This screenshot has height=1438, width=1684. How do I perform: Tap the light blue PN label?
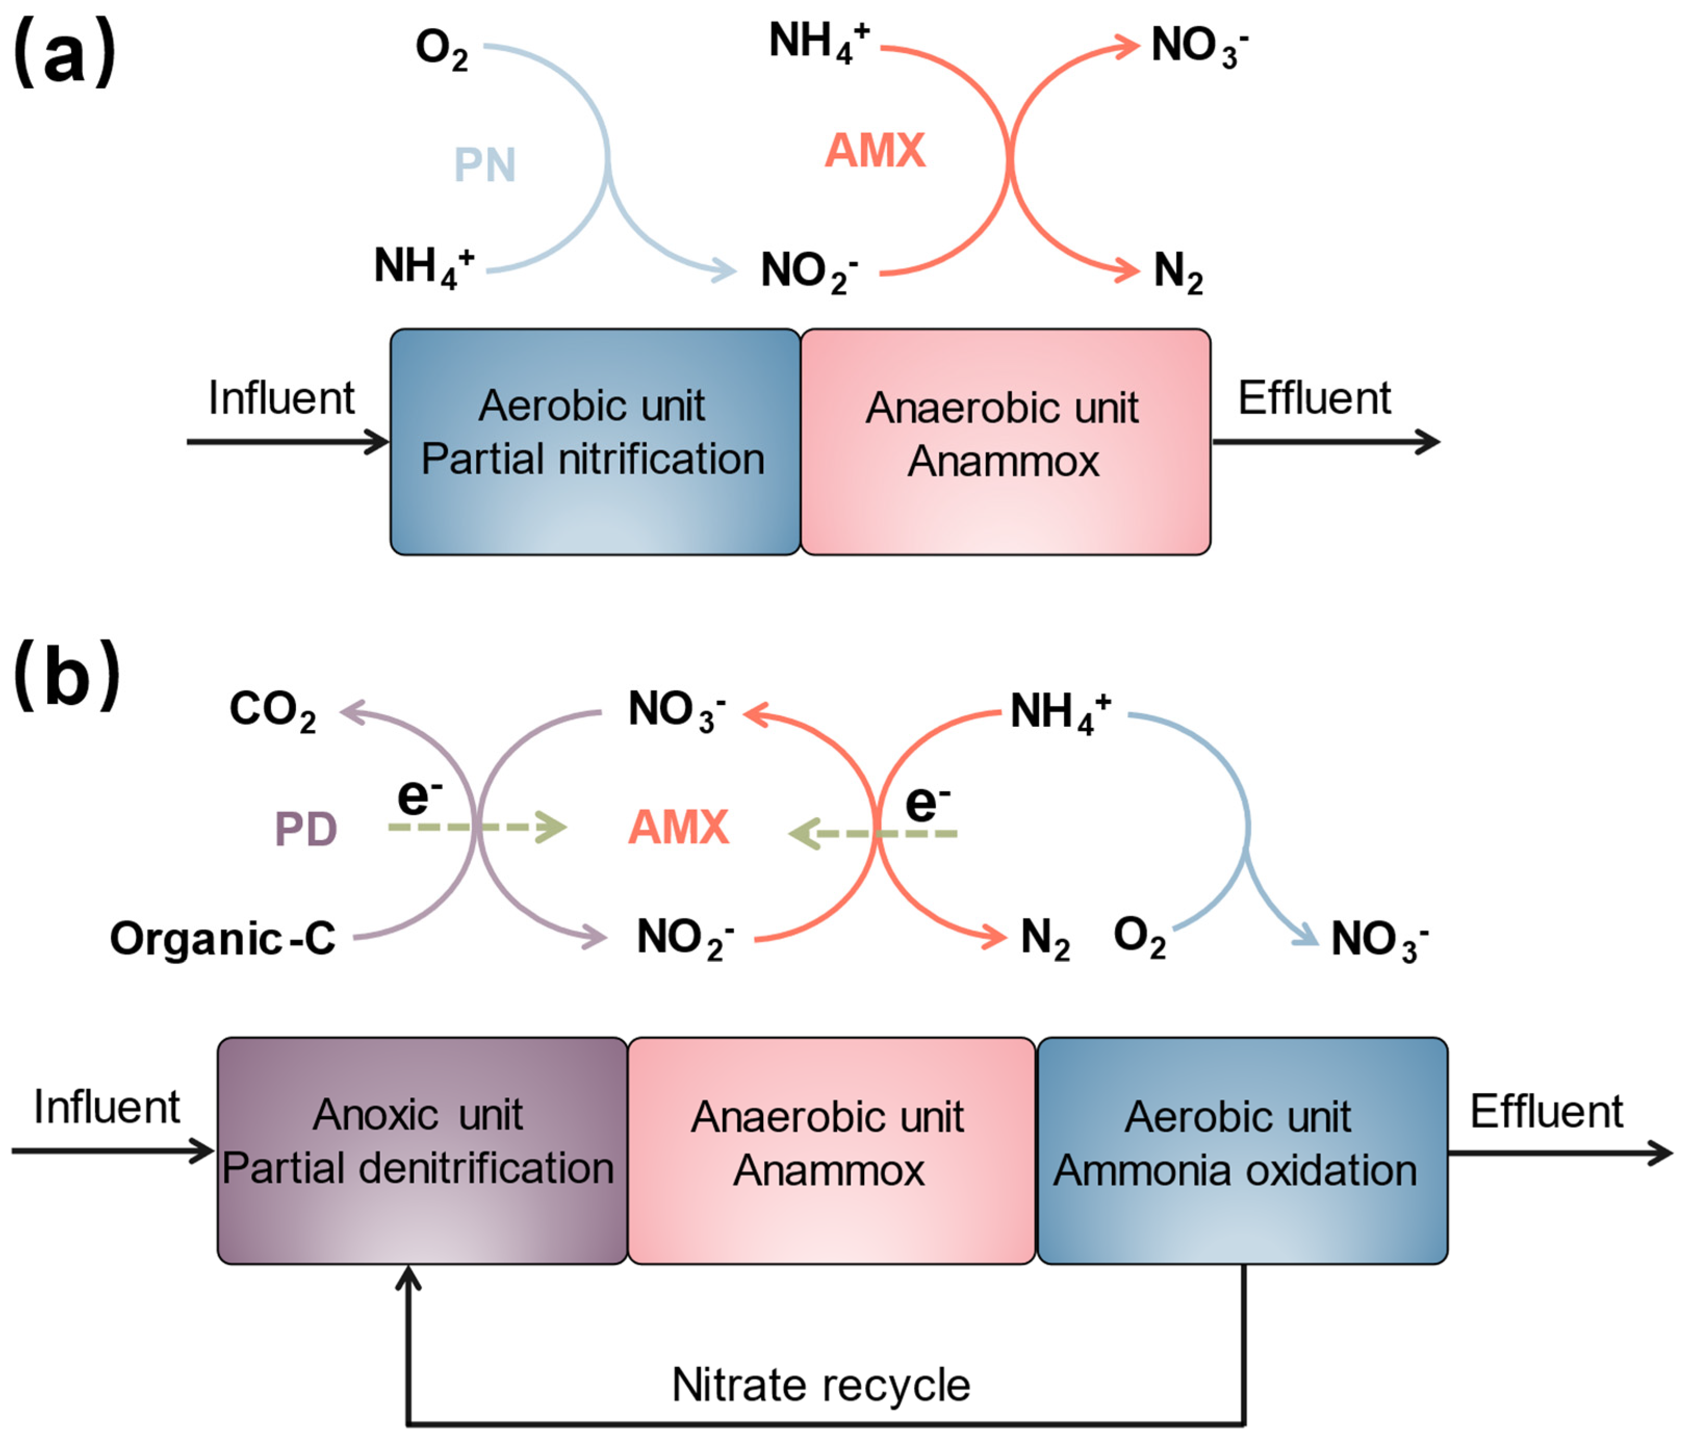[484, 165]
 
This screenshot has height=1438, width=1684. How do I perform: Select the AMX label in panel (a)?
[876, 151]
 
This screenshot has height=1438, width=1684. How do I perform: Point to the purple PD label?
[305, 829]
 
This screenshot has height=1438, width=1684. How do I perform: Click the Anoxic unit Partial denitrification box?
[422, 1150]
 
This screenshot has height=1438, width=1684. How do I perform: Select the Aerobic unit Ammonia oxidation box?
[1242, 1150]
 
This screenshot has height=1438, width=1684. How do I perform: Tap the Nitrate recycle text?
[821, 1384]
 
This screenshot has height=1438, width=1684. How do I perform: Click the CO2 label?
[272, 711]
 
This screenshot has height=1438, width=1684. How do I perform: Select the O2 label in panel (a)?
[441, 49]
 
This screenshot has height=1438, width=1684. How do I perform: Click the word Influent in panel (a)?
[281, 399]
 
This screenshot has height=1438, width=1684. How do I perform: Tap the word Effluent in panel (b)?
[1546, 1111]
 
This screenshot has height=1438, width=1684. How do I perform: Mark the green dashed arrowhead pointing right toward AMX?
[551, 828]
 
